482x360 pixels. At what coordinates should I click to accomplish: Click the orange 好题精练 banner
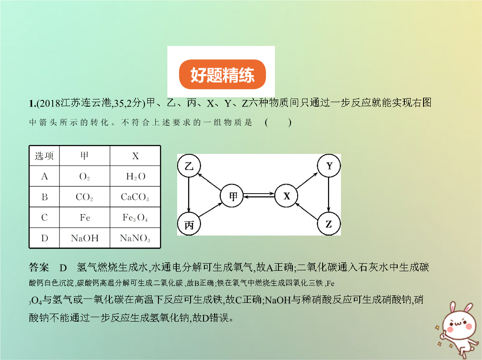tap(222, 74)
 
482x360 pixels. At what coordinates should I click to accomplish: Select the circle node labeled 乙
tap(189, 166)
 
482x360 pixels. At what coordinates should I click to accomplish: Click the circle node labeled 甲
tap(232, 195)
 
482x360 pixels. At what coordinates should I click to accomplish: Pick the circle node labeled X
tap(287, 195)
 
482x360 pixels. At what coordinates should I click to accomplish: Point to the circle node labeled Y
tap(329, 166)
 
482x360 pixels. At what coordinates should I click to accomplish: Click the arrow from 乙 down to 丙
tap(189, 195)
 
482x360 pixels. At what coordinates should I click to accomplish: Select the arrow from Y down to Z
tap(328, 195)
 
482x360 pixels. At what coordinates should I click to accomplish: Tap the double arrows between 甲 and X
tap(259, 195)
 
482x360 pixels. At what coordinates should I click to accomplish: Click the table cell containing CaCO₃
tap(135, 197)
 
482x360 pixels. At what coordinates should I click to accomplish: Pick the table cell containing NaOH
tap(85, 238)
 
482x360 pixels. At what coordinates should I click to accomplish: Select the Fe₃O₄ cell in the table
tap(135, 218)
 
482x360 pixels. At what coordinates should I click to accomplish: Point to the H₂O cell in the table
tap(135, 176)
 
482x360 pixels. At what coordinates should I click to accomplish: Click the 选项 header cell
tap(44, 156)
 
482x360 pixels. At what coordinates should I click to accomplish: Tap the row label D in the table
tap(44, 238)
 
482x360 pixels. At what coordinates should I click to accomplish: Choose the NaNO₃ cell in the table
tap(135, 238)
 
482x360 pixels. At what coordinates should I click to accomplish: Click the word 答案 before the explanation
tap(39, 267)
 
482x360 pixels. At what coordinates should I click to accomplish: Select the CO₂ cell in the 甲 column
tap(85, 197)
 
